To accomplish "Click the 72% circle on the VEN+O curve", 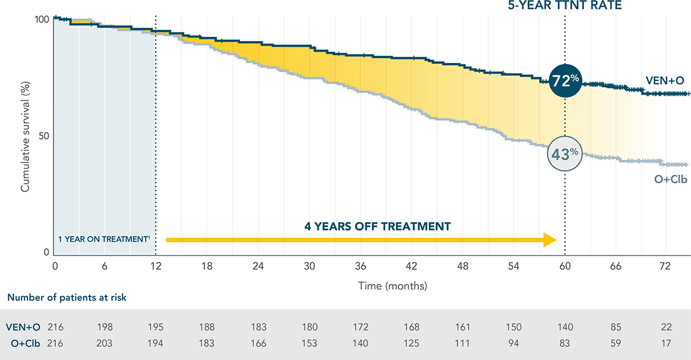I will pos(565,81).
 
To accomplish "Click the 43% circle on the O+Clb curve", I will pos(565,154).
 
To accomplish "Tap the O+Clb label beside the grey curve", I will pos(667,179).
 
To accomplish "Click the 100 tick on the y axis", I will pos(39,19).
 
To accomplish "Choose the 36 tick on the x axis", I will pos(360,266).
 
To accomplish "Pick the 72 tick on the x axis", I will pos(665,266).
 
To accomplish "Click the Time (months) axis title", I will pos(392,286).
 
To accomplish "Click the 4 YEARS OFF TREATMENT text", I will pos(377,226).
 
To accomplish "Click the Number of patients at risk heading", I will pos(67,297).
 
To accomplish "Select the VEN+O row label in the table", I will pos(23,327).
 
